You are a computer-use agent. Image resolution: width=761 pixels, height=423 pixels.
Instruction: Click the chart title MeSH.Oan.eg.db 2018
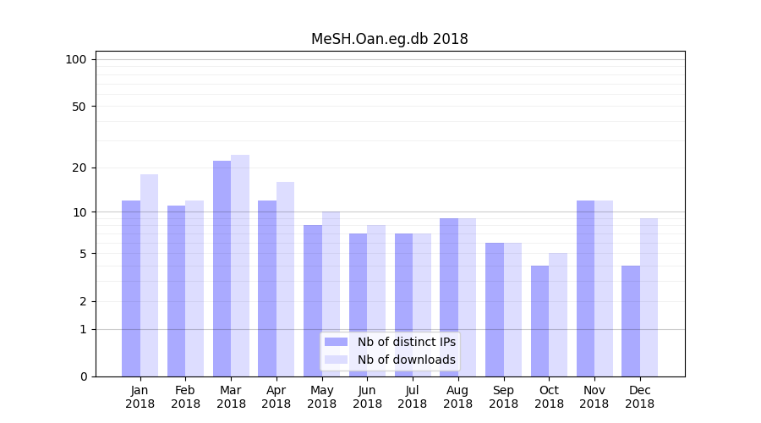(389, 39)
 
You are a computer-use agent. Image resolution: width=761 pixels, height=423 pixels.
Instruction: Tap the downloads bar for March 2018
(240, 266)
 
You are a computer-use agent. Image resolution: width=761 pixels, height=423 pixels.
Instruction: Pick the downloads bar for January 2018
(149, 275)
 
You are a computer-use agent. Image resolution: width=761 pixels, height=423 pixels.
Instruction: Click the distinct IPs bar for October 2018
(539, 321)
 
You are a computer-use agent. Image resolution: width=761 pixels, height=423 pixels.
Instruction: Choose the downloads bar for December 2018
(649, 297)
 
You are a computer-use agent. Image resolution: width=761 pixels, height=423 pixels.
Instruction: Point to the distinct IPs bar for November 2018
(585, 288)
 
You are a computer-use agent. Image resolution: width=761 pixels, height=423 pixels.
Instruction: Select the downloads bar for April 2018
(285, 279)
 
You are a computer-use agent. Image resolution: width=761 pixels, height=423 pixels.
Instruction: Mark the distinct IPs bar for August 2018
(449, 297)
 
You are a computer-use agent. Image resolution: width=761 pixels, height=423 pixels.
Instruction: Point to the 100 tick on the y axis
(76, 59)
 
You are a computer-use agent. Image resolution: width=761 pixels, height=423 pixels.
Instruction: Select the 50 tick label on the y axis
(79, 107)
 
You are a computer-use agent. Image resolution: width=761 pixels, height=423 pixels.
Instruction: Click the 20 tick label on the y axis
(79, 168)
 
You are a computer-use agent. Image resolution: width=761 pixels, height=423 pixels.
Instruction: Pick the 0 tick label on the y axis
(83, 376)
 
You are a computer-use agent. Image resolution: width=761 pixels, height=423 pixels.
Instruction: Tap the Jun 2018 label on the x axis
(367, 397)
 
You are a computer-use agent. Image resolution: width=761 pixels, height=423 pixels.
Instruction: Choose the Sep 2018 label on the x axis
(503, 397)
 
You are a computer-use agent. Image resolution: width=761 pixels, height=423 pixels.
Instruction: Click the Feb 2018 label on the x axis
(185, 397)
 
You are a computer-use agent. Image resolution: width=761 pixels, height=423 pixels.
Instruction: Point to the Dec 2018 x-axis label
(639, 397)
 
